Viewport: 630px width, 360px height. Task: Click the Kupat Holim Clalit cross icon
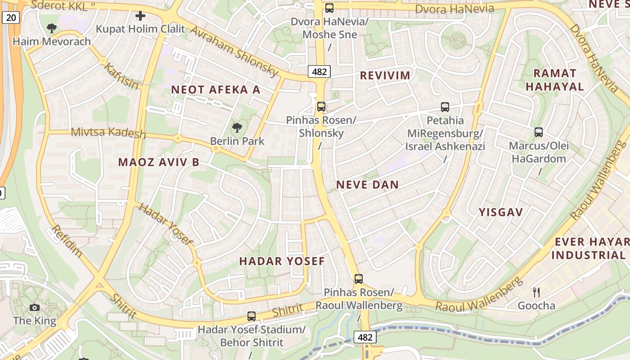click(140, 16)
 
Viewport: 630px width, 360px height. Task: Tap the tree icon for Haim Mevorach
click(52, 28)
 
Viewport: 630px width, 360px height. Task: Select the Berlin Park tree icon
click(237, 128)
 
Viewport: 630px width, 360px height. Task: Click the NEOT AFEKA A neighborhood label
click(216, 90)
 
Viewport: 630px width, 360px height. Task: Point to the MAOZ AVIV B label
click(158, 162)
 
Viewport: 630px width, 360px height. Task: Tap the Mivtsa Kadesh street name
click(108, 133)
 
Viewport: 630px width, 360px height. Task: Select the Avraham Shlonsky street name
click(234, 50)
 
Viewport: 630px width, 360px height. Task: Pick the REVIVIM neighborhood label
click(385, 76)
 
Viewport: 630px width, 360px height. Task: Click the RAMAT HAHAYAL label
click(554, 80)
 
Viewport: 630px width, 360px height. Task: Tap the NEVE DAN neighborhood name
click(367, 184)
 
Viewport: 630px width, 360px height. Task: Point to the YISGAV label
click(500, 212)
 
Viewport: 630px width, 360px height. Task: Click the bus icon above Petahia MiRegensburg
click(445, 107)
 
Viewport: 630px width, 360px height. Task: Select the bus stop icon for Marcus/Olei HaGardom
click(539, 132)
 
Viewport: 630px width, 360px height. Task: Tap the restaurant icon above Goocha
click(536, 292)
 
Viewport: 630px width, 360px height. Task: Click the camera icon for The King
click(35, 308)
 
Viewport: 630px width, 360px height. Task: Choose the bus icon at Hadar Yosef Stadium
click(252, 316)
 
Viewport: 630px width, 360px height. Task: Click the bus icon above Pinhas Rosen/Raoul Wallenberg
click(359, 279)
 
